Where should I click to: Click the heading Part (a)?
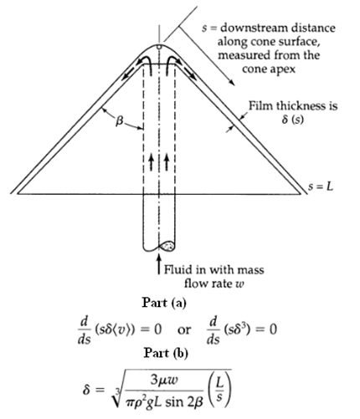[x=175, y=300]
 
